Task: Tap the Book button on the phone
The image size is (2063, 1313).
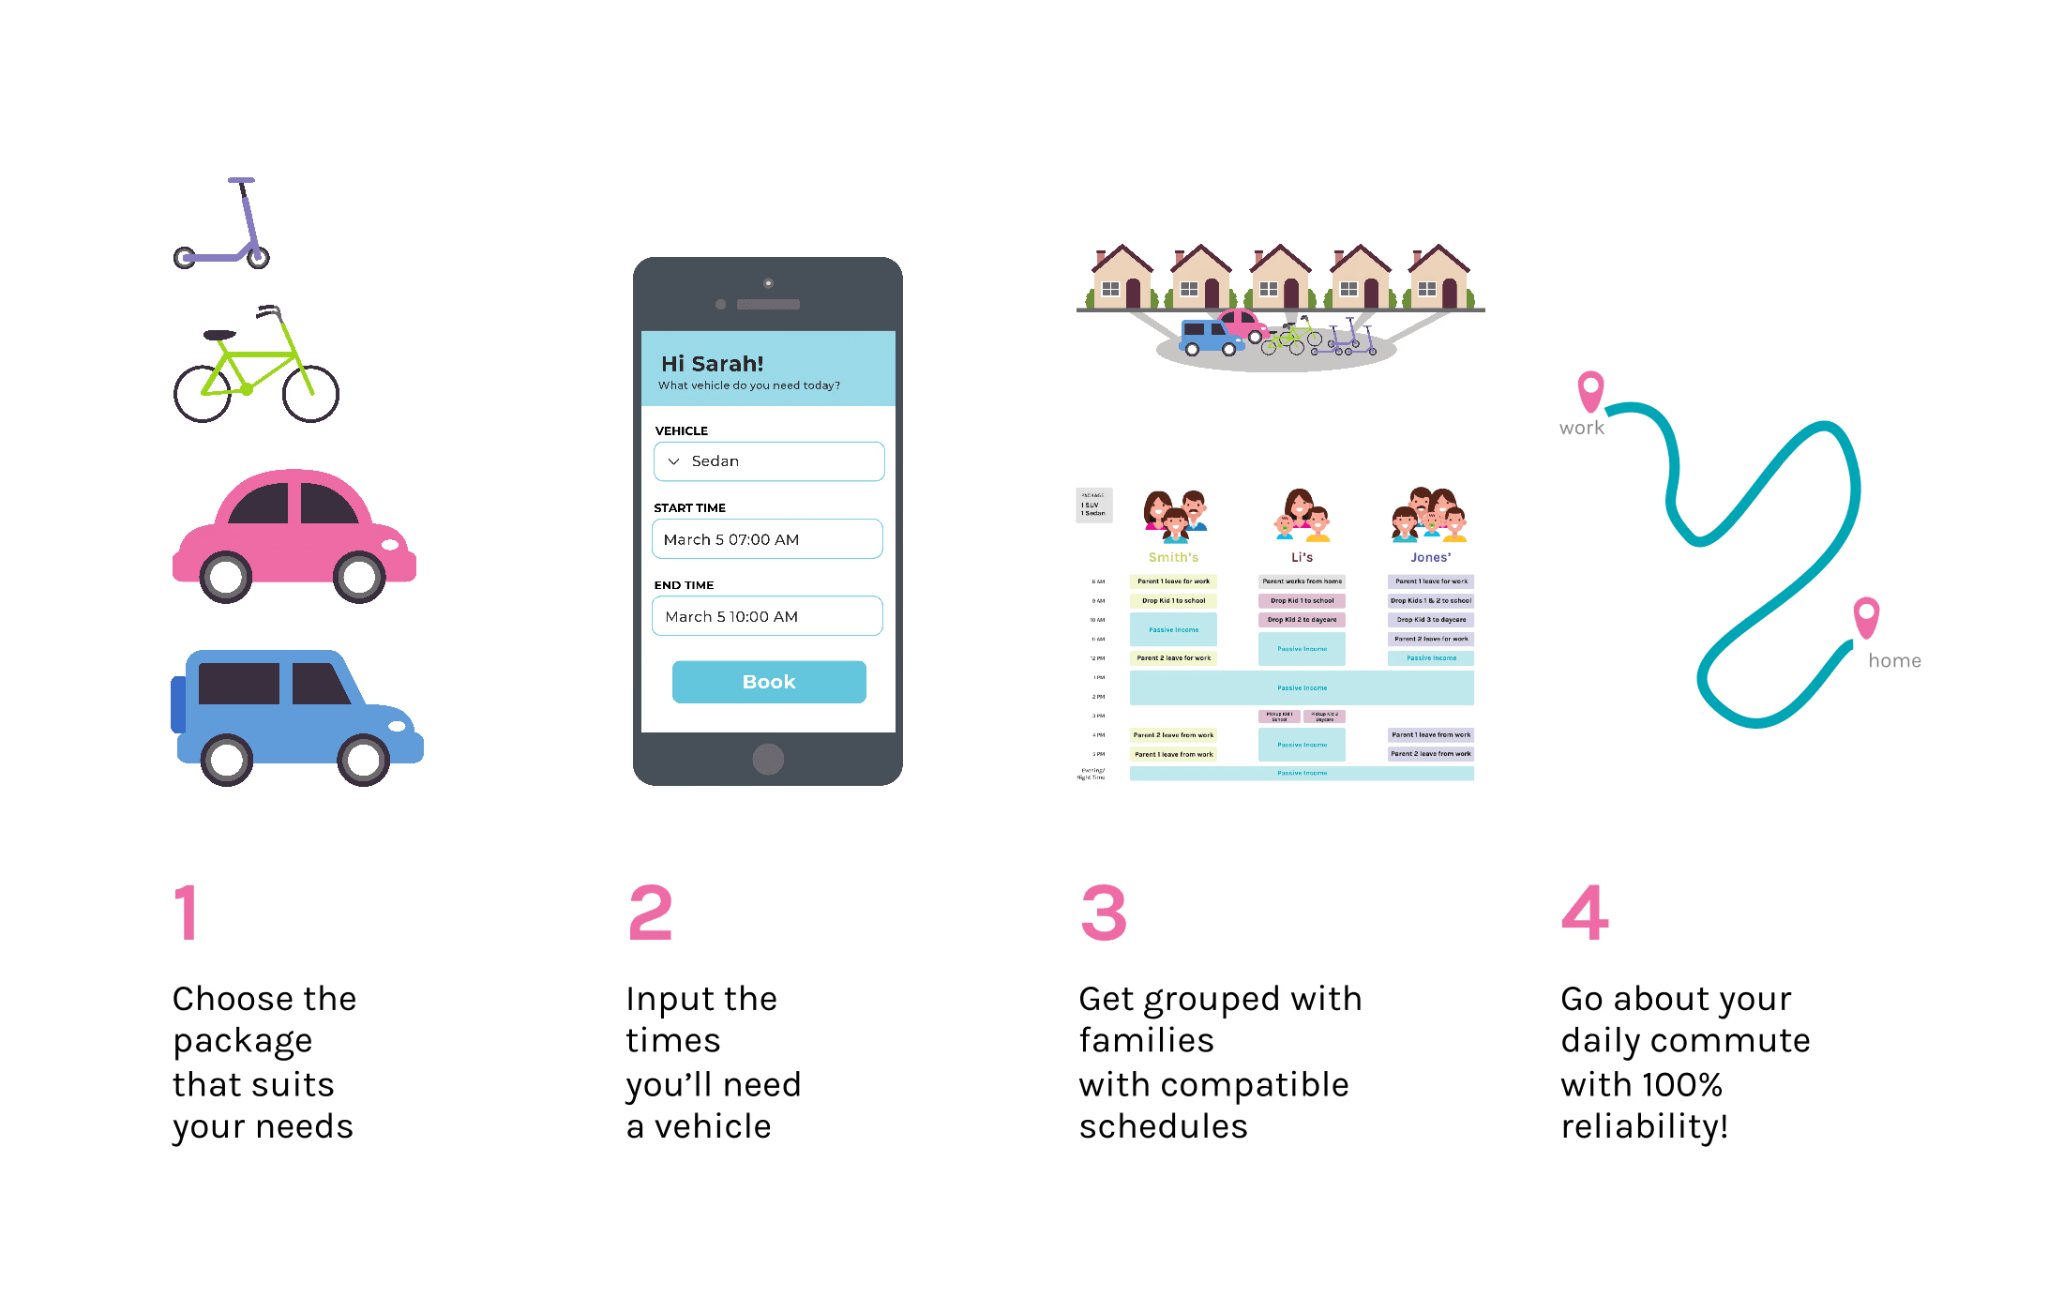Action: (x=769, y=682)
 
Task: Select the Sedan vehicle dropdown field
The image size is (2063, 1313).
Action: (x=769, y=461)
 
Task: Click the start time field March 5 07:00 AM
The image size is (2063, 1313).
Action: (x=767, y=539)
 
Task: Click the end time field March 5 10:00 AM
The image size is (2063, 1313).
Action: (x=767, y=616)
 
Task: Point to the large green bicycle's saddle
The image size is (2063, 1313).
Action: (x=220, y=335)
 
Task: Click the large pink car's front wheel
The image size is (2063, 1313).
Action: (x=359, y=577)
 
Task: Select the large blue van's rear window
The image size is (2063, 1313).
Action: (x=238, y=683)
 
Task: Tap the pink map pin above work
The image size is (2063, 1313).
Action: (x=1590, y=388)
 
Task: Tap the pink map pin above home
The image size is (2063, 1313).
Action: (x=1866, y=615)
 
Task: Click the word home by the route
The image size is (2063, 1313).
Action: (x=1894, y=661)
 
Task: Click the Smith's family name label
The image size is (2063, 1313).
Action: (x=1173, y=557)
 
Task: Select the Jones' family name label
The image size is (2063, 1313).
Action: (x=1430, y=557)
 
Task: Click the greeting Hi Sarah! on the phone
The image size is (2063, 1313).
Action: (x=713, y=364)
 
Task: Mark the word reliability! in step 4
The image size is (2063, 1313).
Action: (x=1644, y=1126)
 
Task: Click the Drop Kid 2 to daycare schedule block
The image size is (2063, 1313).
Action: (x=1302, y=620)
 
